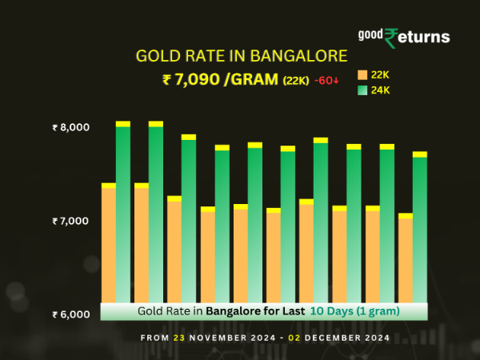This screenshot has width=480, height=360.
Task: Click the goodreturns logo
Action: point(403,36)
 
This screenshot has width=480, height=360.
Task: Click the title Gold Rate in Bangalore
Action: point(242,57)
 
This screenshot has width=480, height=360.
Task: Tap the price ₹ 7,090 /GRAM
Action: point(220,79)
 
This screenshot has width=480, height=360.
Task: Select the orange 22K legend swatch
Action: point(362,74)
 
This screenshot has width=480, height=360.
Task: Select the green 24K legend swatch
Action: point(362,90)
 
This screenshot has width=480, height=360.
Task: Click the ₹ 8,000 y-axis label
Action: point(71,127)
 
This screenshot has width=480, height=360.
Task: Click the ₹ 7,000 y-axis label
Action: point(71,221)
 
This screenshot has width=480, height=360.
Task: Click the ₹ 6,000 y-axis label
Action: point(71,314)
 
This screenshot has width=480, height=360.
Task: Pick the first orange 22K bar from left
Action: point(109,244)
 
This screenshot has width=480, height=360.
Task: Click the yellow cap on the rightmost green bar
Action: point(420,154)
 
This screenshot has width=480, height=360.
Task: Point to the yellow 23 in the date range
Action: point(178,338)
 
